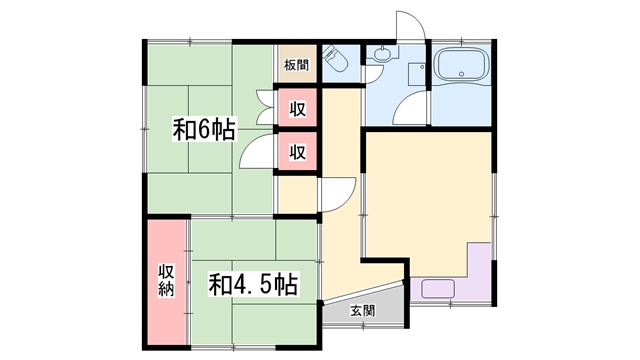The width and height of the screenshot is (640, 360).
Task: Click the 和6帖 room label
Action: pos(204,129)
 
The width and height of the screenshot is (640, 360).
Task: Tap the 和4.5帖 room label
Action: pos(253,284)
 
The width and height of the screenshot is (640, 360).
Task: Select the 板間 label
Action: pos(297,65)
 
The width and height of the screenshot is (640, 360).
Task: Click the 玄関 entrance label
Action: pos(362,311)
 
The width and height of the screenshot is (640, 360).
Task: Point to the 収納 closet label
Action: pos(167,280)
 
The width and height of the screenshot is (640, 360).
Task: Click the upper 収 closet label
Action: pos(298,109)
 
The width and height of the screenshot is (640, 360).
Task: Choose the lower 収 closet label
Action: pos(298,152)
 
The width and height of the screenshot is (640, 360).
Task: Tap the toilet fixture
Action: pos(335,59)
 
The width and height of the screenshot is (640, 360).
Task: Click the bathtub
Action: pos(462,65)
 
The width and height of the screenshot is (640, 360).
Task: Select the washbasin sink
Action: pos(384,53)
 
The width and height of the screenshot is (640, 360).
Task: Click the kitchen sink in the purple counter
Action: pos(438,288)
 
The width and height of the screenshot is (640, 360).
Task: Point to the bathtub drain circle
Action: pos(462,74)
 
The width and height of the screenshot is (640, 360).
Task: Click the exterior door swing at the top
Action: pos(411,25)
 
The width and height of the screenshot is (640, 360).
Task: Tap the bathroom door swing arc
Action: pos(409,108)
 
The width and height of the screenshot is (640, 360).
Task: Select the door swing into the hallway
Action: pos(338,194)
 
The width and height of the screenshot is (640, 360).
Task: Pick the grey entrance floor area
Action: pos(364,307)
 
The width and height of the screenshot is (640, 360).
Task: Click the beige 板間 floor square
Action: pos(297,63)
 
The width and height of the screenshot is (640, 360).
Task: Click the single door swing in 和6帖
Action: pos(257,151)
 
